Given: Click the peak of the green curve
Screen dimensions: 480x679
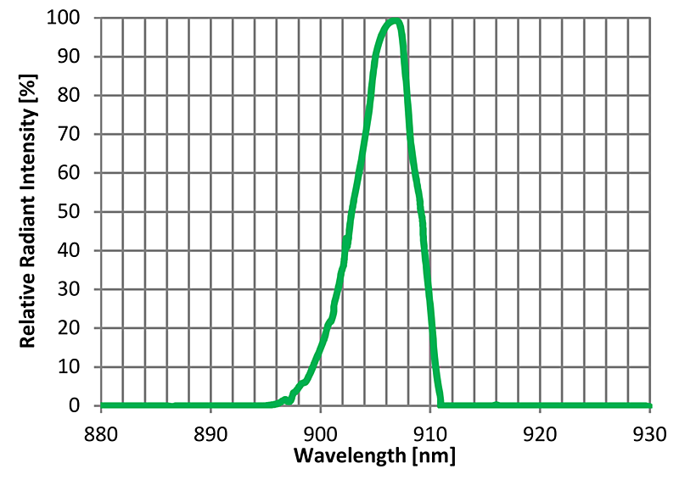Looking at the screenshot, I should (x=393, y=21).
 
